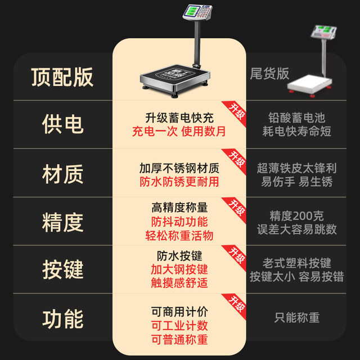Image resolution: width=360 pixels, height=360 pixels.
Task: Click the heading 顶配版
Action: click(x=62, y=77)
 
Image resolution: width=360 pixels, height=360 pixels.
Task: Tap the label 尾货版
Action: click(x=269, y=74)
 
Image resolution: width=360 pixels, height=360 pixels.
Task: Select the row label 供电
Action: click(x=62, y=124)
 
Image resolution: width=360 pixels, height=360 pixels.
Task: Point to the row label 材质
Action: click(x=62, y=174)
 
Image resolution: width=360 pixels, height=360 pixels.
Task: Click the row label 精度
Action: click(x=62, y=222)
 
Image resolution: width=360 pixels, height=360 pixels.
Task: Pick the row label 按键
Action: click(x=62, y=269)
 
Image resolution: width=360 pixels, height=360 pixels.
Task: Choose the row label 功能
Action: click(x=62, y=319)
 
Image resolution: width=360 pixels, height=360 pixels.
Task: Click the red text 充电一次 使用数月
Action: click(x=179, y=132)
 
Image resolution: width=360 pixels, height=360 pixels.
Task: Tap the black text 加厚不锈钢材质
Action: click(x=179, y=168)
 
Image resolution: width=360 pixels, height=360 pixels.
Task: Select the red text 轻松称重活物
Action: click(x=179, y=236)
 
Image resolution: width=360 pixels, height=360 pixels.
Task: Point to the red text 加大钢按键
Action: click(x=179, y=269)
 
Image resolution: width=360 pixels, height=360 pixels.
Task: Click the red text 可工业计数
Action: click(x=179, y=326)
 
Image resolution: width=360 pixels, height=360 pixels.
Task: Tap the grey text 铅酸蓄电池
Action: click(x=296, y=118)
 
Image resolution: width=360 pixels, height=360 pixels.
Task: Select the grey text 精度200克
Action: click(x=296, y=216)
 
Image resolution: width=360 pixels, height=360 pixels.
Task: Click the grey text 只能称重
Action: click(x=296, y=317)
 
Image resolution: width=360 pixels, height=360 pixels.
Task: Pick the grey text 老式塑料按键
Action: click(x=296, y=263)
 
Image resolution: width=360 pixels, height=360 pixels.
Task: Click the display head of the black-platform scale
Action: click(x=197, y=12)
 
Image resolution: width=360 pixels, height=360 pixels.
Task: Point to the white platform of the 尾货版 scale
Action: click(x=309, y=83)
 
